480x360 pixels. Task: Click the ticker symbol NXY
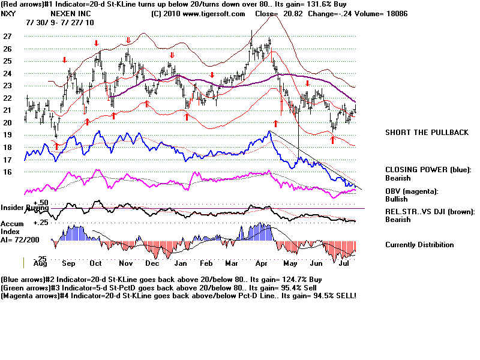(9, 13)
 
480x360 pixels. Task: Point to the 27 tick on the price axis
(7, 37)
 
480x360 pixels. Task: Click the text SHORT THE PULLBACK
(426, 133)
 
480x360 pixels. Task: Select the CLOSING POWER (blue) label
(428, 170)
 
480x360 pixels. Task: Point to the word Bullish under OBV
(398, 199)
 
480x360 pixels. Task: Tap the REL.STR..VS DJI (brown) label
(431, 212)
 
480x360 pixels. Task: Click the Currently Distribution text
(419, 245)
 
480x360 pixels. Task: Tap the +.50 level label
(41, 202)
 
